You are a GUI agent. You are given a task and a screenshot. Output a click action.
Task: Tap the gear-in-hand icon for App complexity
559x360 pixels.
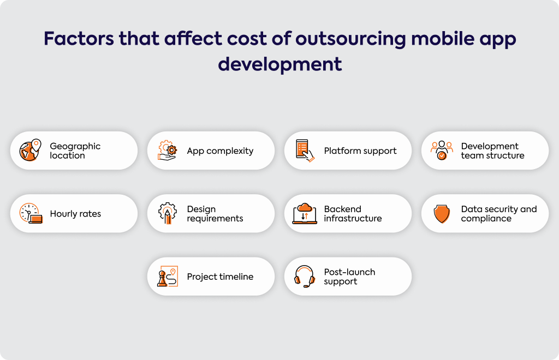tap(167, 150)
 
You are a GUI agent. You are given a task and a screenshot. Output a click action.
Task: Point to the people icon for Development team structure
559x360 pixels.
tap(442, 150)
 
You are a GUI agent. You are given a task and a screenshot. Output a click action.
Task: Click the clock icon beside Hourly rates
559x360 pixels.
tap(31, 213)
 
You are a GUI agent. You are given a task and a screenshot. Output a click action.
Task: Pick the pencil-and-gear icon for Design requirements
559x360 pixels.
tap(167, 213)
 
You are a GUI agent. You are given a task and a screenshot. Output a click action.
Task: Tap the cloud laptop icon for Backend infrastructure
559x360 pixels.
tap(305, 213)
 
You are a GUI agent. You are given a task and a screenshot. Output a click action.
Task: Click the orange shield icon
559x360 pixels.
tap(442, 214)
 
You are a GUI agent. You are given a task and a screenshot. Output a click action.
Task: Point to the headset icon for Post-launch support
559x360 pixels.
tap(305, 277)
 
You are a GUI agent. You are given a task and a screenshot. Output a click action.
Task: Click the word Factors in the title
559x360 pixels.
tap(79, 39)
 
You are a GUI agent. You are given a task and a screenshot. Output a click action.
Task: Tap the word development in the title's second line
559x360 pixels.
tap(280, 64)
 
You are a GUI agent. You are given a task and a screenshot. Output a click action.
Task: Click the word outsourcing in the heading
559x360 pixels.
tap(351, 39)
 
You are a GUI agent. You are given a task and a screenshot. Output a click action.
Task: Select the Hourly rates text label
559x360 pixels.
tap(75, 214)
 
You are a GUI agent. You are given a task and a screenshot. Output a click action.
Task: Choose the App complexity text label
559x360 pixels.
tap(220, 151)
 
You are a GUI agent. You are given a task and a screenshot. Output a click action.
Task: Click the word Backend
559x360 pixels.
tap(343, 209)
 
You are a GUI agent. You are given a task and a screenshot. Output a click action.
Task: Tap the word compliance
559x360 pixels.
tap(486, 219)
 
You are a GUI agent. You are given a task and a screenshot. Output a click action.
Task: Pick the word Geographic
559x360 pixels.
tap(75, 146)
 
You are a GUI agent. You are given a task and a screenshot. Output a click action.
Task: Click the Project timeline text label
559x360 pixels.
tap(220, 277)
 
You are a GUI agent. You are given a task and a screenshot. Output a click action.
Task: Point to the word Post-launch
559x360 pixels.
tap(349, 272)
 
